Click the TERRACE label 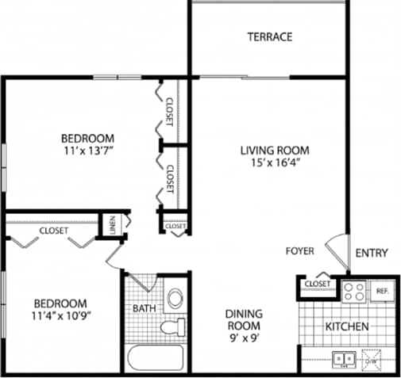point(269,36)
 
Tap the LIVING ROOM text point(275,150)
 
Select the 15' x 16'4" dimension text point(275,163)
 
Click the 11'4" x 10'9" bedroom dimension point(60,317)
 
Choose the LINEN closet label point(112,224)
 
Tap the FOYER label point(300,251)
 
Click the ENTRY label point(371,253)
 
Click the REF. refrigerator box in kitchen point(381,291)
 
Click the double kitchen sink point(345,359)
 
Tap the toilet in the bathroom point(172,326)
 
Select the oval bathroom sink point(174,298)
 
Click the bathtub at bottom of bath point(156,357)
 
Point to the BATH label point(144,308)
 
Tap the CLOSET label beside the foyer point(318,283)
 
